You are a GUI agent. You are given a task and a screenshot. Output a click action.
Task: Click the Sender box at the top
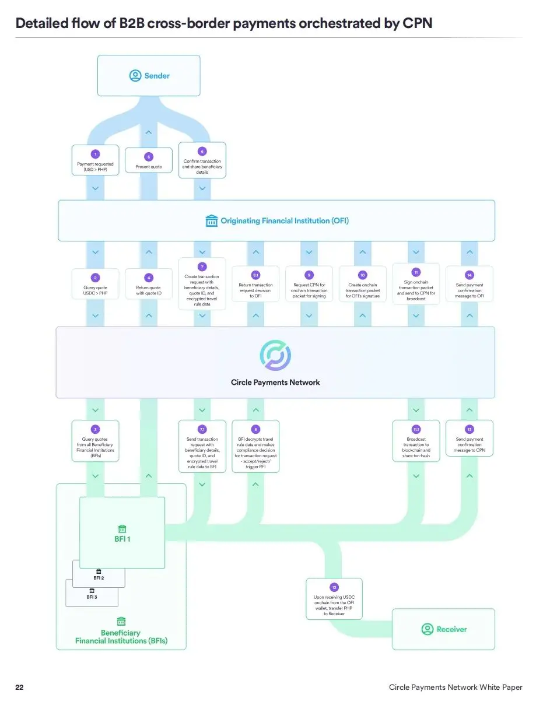(149, 75)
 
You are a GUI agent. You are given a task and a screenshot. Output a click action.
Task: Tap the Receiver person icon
(428, 629)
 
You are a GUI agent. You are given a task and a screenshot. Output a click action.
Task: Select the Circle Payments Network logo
(275, 356)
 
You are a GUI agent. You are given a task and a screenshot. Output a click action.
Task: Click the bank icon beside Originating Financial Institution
(212, 221)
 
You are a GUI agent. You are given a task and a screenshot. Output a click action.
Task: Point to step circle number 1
(95, 154)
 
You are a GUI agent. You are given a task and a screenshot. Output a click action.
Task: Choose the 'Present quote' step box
(148, 161)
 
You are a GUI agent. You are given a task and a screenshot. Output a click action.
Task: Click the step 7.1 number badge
(202, 429)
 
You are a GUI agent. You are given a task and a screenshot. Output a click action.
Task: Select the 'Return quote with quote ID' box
(149, 284)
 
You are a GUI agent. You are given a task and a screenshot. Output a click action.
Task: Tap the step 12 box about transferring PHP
(334, 599)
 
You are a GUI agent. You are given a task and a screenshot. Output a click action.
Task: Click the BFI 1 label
(122, 539)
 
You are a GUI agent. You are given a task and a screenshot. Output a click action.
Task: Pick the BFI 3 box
(92, 597)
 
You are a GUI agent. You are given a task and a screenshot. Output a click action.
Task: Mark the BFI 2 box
(99, 577)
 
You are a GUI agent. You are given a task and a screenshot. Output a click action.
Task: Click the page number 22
(20, 688)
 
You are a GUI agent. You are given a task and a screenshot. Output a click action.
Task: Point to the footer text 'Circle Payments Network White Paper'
(456, 688)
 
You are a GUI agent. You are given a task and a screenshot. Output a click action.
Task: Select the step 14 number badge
(469, 274)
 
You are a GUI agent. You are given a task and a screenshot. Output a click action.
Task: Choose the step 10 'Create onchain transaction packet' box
(362, 285)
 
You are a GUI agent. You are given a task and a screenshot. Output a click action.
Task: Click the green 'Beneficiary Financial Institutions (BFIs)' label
(121, 637)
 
